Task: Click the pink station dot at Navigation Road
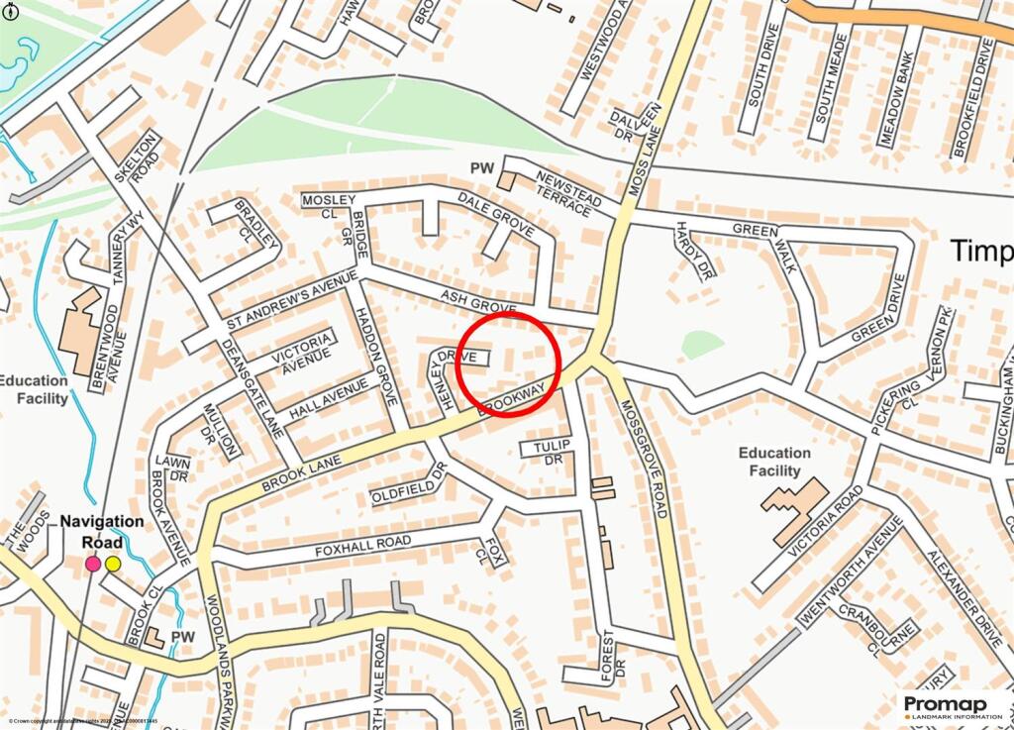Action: coord(92,564)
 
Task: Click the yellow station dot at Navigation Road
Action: coord(113,564)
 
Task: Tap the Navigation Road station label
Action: coord(102,532)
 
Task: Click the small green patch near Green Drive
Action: coord(702,344)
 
